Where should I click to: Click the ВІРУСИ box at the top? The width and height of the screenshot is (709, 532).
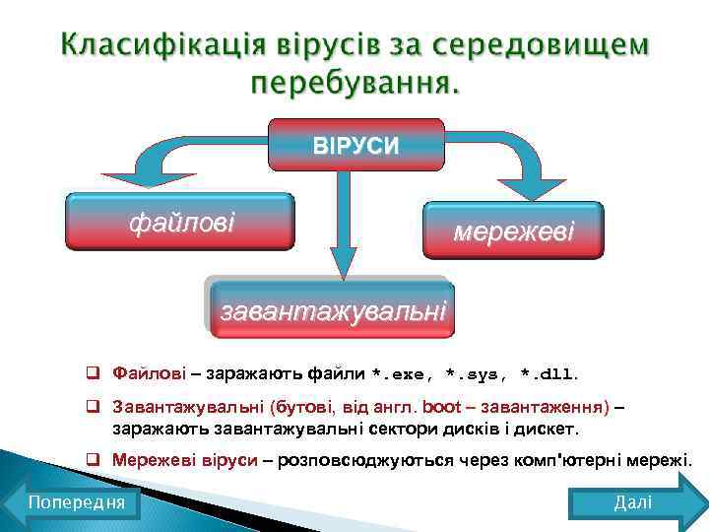coord(356,145)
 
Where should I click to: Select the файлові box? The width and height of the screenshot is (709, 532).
coord(181,222)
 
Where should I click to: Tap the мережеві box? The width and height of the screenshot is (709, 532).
coord(512,232)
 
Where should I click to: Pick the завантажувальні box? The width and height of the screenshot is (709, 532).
coord(333,310)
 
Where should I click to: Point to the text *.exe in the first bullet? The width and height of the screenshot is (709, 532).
coord(404,375)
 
